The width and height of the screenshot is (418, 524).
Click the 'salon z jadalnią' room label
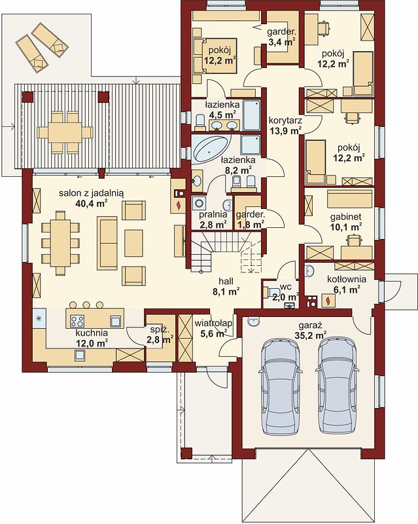click(91, 193)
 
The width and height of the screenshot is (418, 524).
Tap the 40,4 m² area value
click(91, 204)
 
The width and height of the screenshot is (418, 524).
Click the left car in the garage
click(280, 386)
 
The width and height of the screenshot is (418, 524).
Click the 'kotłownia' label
click(347, 279)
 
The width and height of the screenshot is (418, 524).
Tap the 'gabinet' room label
click(345, 217)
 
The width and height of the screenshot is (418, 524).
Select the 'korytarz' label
click(285, 120)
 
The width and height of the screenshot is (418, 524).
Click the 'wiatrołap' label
click(213, 323)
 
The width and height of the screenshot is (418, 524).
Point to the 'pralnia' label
click(213, 214)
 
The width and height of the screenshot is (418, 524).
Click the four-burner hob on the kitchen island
click(77, 321)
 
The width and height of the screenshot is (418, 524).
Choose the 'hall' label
click(226, 281)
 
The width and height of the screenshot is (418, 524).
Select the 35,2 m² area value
click(311, 335)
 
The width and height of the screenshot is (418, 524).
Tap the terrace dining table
click(65, 132)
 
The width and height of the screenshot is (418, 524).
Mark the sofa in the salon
click(107, 242)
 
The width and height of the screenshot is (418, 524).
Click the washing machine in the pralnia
click(199, 204)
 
